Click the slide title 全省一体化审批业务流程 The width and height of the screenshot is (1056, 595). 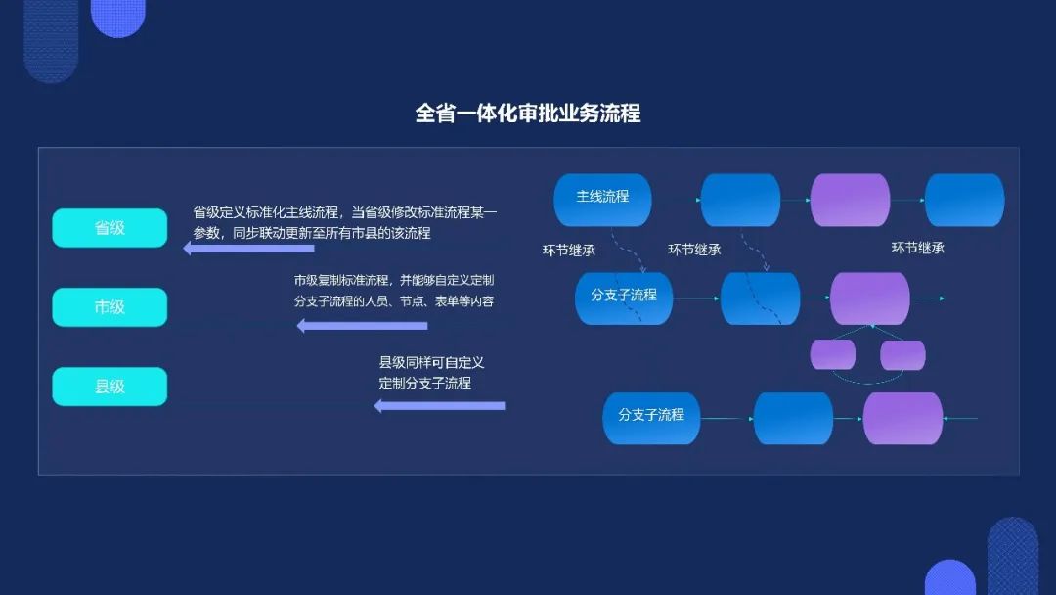(x=527, y=114)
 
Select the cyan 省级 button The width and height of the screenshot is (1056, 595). (x=110, y=228)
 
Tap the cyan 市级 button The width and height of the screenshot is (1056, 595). (x=110, y=307)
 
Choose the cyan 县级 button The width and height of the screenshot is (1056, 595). (x=110, y=387)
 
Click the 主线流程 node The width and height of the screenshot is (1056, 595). (x=602, y=201)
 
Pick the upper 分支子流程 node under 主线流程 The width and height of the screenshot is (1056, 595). (x=624, y=298)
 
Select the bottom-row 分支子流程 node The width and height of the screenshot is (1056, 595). (x=651, y=419)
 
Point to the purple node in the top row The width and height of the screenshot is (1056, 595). (x=850, y=201)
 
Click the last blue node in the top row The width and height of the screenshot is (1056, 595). (x=964, y=201)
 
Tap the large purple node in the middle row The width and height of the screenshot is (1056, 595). (x=870, y=298)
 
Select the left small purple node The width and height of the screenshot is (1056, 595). (x=833, y=355)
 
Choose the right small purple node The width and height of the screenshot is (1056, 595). (x=903, y=355)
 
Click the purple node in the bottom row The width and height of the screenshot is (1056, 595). (x=903, y=419)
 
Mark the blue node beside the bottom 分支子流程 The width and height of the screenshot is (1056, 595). (x=793, y=419)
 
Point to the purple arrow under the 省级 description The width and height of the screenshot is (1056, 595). (x=248, y=248)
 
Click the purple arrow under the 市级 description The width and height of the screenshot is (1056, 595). (x=363, y=326)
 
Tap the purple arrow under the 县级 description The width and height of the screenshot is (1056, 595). (x=439, y=406)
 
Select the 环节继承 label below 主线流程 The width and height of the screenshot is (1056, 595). (x=569, y=251)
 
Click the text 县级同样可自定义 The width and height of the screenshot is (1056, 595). (x=432, y=362)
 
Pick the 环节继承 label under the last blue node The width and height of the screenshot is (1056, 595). (x=918, y=248)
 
